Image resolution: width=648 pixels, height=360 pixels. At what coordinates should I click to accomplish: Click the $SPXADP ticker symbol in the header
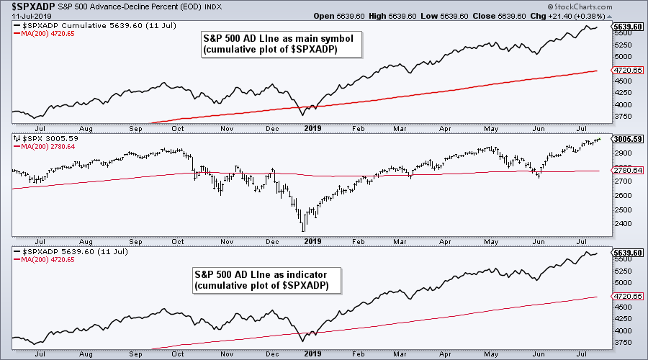pos(30,6)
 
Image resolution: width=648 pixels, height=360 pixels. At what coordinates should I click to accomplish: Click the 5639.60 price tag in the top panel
pos(626,27)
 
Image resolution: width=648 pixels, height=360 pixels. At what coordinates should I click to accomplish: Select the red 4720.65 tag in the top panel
pos(626,71)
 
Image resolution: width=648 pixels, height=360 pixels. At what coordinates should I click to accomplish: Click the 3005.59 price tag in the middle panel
pos(626,138)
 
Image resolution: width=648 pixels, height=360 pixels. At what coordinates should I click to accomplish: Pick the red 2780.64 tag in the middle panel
pos(626,171)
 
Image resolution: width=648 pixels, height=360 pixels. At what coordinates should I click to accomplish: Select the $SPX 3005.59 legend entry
pos(45,138)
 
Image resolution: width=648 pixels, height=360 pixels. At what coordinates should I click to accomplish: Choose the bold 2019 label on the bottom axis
pos(312,354)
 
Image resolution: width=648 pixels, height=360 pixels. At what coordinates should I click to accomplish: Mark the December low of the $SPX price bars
pos(305,230)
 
